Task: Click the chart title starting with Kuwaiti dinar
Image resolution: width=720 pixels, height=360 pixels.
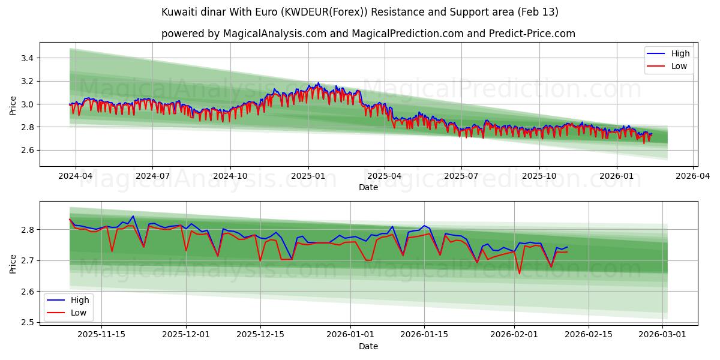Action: coord(360,12)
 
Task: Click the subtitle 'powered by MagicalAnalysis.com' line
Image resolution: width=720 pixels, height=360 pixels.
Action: coord(368,34)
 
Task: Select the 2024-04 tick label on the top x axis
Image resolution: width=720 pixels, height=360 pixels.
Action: coord(75,176)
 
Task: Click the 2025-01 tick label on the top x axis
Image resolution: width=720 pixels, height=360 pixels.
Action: coord(308,176)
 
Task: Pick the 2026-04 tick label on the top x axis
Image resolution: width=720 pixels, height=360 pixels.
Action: coord(693,176)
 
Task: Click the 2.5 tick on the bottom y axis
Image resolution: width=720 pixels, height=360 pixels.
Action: coord(29,322)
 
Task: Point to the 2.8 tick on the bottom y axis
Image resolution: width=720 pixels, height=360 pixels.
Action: coord(29,230)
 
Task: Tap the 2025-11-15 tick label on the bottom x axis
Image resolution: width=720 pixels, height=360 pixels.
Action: coord(101,335)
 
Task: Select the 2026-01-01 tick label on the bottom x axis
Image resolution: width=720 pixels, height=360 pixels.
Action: coord(350,335)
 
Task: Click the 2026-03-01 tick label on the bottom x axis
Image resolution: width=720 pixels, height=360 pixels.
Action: coord(663,335)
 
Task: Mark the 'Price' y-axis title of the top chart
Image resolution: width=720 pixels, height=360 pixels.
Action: coord(13,104)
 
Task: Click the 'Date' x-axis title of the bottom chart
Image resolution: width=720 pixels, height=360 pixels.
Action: coord(368,346)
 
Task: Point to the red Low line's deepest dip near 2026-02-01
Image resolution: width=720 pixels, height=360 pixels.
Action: coord(520,274)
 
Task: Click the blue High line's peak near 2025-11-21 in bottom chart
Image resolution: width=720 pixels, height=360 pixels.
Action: coord(133,216)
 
